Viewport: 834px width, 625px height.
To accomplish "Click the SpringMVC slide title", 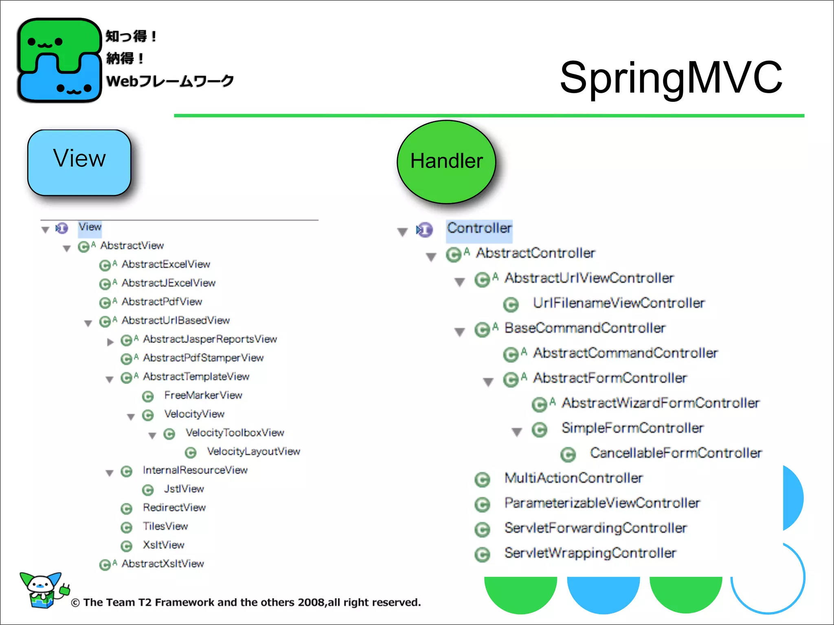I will click(x=671, y=77).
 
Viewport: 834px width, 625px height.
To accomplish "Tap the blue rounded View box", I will click(x=79, y=163).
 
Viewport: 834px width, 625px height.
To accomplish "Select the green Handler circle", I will click(x=446, y=162).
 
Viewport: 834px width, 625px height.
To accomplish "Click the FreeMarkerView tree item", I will click(x=203, y=395).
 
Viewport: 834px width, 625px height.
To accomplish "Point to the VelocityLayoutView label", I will click(x=253, y=451).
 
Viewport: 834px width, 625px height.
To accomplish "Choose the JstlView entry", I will click(x=184, y=489).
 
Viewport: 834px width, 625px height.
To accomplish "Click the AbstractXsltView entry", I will click(x=162, y=564).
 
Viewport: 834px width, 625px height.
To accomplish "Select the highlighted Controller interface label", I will click(x=479, y=228).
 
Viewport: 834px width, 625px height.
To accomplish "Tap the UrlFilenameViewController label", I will click(x=619, y=303).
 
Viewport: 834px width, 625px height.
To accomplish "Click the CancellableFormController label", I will click(x=676, y=453).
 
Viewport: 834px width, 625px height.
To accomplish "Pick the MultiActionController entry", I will click(x=573, y=478).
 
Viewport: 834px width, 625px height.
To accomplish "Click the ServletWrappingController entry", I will click(x=590, y=553).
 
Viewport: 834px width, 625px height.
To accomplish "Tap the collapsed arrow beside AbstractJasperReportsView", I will click(x=110, y=342).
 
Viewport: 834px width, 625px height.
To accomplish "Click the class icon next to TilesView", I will click(x=127, y=528).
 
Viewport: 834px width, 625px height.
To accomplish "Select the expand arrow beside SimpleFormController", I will click(x=517, y=432).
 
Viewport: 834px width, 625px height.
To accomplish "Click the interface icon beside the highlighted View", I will click(x=62, y=228).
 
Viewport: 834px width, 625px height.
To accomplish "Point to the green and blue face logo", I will click(x=59, y=60).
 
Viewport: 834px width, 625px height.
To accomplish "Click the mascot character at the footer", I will click(x=43, y=590).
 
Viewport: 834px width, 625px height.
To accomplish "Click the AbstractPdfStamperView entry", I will click(x=203, y=358).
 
